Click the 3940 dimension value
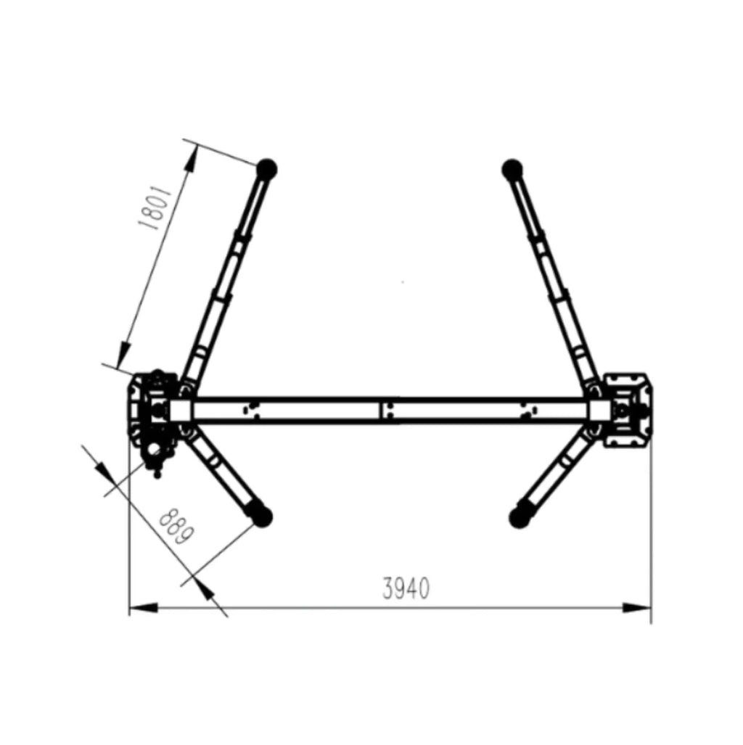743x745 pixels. [x=406, y=588]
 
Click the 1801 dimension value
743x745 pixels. [x=155, y=207]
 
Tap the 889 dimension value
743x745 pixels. [x=176, y=527]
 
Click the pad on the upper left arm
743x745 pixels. [x=267, y=169]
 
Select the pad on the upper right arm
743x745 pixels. [x=512, y=169]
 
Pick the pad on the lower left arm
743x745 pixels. [x=261, y=516]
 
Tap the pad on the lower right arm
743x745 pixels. [x=519, y=518]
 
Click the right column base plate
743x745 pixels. [x=627, y=411]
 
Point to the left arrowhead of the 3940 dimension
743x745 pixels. [x=143, y=608]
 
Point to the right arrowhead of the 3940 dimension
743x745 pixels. [x=637, y=608]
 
